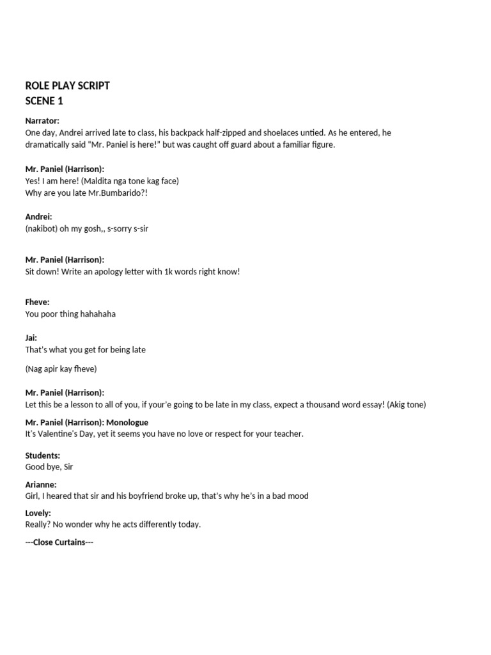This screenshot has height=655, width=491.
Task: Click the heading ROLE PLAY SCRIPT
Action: pos(67,86)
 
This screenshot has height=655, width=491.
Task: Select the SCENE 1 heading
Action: pos(44,101)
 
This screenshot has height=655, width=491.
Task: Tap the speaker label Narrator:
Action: pos(42,121)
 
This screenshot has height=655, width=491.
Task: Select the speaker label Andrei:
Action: pos(38,217)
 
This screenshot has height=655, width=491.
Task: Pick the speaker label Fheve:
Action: pos(37,302)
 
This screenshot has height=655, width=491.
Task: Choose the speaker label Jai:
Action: pos(31,338)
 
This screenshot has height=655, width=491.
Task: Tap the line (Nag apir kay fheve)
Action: pos(61,368)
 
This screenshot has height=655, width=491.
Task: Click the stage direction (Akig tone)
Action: pos(403,404)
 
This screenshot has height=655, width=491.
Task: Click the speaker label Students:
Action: pos(42,455)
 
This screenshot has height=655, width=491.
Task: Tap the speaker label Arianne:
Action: pos(41,484)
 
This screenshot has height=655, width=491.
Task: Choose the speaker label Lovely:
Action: pos(38,513)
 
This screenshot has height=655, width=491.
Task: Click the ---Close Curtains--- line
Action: pos(59,542)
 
